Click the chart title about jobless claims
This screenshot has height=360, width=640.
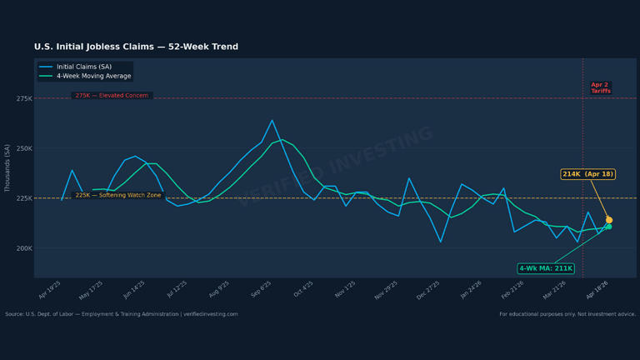136,47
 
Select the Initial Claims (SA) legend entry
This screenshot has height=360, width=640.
83,67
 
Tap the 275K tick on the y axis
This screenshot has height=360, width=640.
23,98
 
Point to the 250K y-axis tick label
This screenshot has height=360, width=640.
23,148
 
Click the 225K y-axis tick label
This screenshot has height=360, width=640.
23,198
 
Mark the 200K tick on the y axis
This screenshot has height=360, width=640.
23,248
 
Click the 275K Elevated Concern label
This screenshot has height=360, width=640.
112,96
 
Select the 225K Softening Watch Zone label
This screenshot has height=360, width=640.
118,195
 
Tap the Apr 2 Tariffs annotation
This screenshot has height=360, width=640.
600,87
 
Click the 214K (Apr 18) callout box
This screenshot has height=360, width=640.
587,174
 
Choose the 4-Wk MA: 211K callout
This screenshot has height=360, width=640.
546,268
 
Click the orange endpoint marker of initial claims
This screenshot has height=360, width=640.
609,220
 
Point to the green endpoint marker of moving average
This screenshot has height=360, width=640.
608,227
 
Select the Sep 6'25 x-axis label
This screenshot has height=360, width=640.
261,288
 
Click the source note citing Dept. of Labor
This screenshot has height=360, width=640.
121,314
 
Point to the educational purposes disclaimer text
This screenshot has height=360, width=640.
567,314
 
